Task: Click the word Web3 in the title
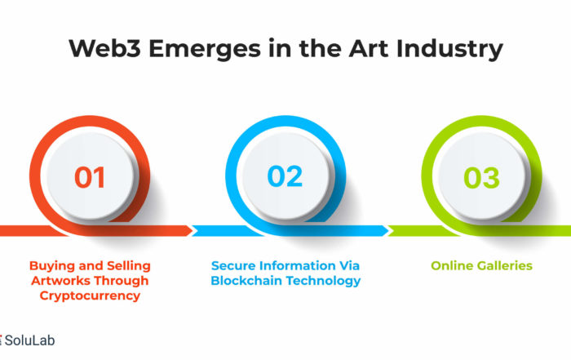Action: click(x=105, y=48)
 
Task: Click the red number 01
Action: click(x=90, y=177)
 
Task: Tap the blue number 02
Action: click(x=285, y=176)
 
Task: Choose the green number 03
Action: click(x=481, y=177)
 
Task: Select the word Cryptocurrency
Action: click(x=90, y=296)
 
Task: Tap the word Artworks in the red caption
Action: click(x=57, y=281)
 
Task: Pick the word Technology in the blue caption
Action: click(x=323, y=282)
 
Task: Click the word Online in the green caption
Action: click(x=452, y=265)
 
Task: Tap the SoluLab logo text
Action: click(x=30, y=340)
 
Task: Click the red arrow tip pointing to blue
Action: click(x=193, y=231)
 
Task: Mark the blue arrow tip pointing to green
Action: click(x=388, y=231)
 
